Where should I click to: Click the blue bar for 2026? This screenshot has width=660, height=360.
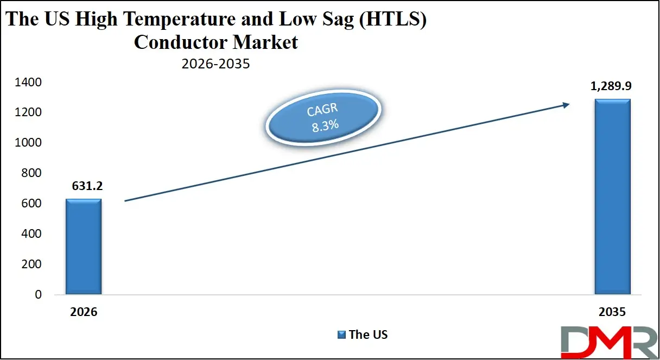point(84,247)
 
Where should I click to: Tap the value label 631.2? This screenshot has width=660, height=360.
point(87,186)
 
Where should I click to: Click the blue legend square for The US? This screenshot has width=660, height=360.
point(342,334)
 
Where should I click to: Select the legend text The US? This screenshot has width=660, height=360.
point(368,334)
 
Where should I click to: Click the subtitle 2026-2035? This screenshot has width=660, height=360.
point(215,64)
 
